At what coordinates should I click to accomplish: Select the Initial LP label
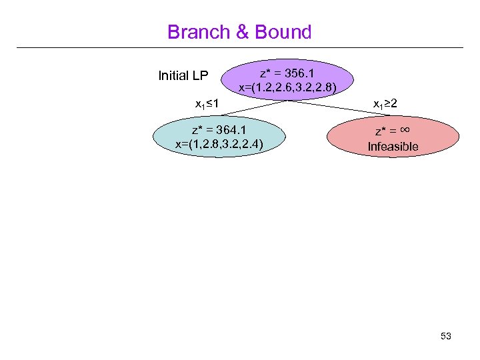pyautogui.click(x=183, y=75)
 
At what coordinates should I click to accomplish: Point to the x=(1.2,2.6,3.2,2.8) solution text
pyautogui.click(x=287, y=87)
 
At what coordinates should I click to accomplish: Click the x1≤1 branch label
pyautogui.click(x=208, y=105)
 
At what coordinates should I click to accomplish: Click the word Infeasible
pyautogui.click(x=393, y=146)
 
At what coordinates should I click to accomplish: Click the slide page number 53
pyautogui.click(x=446, y=337)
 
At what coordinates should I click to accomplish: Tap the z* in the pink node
pyautogui.click(x=381, y=131)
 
